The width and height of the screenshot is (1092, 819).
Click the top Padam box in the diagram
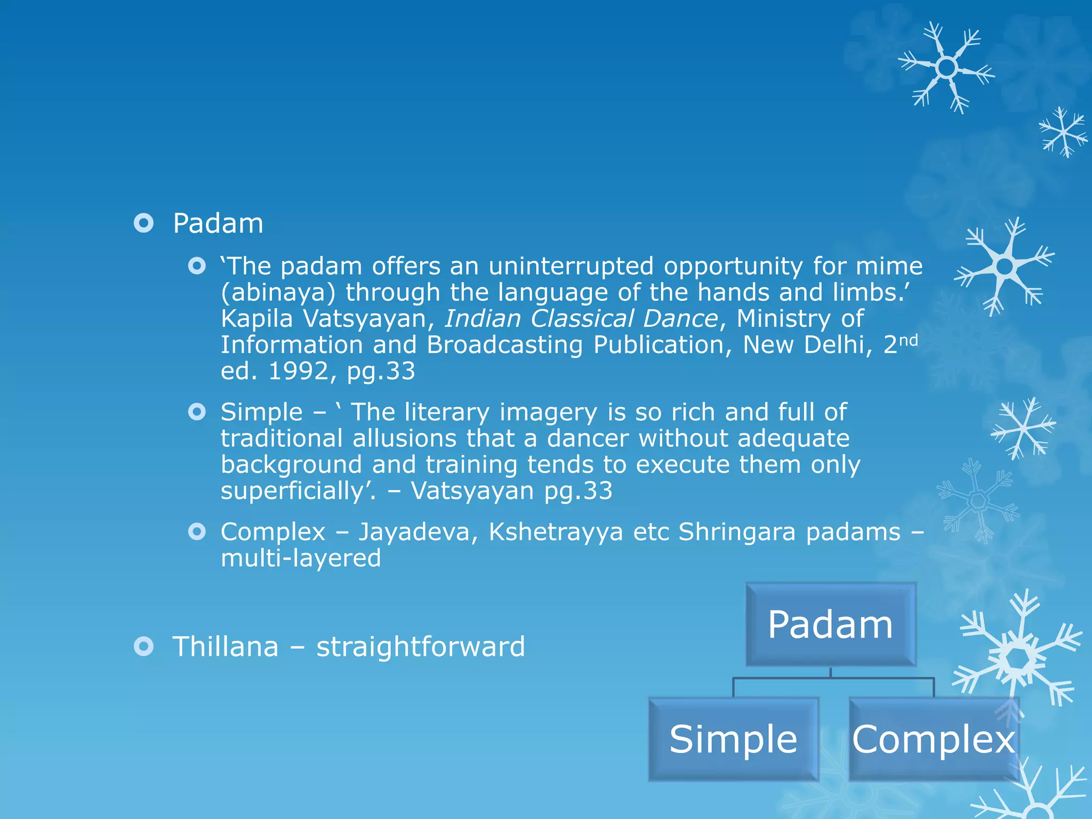[x=830, y=624]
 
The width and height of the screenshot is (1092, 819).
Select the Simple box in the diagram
[x=733, y=739]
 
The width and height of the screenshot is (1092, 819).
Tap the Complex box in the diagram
[x=933, y=739]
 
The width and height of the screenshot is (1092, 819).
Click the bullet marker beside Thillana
[x=143, y=647]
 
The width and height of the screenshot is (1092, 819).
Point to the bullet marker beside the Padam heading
[x=143, y=223]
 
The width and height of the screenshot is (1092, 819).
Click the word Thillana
[x=226, y=646]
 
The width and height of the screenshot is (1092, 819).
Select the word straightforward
[x=421, y=646]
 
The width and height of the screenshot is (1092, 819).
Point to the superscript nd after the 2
[x=909, y=340]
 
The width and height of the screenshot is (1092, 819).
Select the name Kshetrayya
[x=556, y=532]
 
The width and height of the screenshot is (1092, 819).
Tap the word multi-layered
[x=301, y=558]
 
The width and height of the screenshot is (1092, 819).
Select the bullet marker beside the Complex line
[x=197, y=532]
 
